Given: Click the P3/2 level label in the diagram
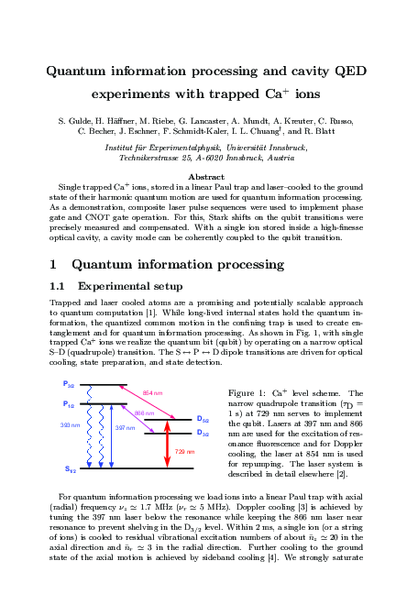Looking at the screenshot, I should click(70, 383).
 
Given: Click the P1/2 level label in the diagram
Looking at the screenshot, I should click(70, 404).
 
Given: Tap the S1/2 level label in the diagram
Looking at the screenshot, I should click(70, 469).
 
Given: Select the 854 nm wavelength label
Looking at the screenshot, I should click(153, 393).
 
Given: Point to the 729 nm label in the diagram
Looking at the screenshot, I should click(183, 451).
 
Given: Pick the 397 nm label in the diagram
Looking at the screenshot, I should click(126, 427).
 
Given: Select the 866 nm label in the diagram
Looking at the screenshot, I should click(145, 414).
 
